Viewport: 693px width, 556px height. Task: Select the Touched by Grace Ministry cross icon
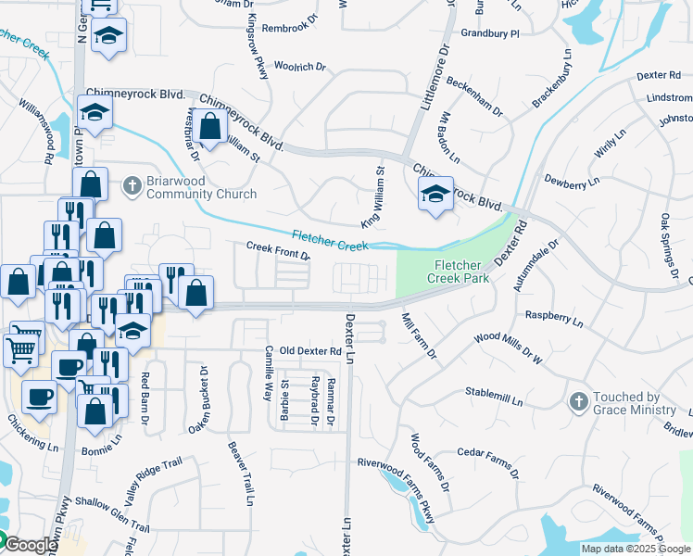tap(579, 401)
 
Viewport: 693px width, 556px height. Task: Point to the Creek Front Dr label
tap(277, 250)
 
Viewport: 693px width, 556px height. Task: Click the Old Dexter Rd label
tap(310, 351)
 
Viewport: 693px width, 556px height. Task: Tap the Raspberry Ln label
tap(554, 320)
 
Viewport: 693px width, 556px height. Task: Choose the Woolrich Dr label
tap(300, 67)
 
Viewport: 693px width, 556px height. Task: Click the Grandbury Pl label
tap(490, 33)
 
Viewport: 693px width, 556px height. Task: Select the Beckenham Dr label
tap(472, 98)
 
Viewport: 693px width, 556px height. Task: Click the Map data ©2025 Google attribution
tap(636, 549)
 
